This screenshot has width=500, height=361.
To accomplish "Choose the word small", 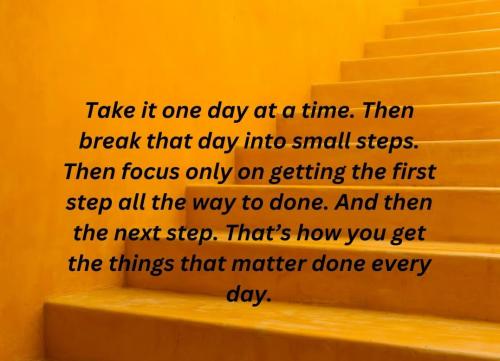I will pos(324,140).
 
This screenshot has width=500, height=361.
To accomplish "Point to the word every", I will pos(399,264).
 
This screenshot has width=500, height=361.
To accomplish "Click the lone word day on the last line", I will pos(248,296).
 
